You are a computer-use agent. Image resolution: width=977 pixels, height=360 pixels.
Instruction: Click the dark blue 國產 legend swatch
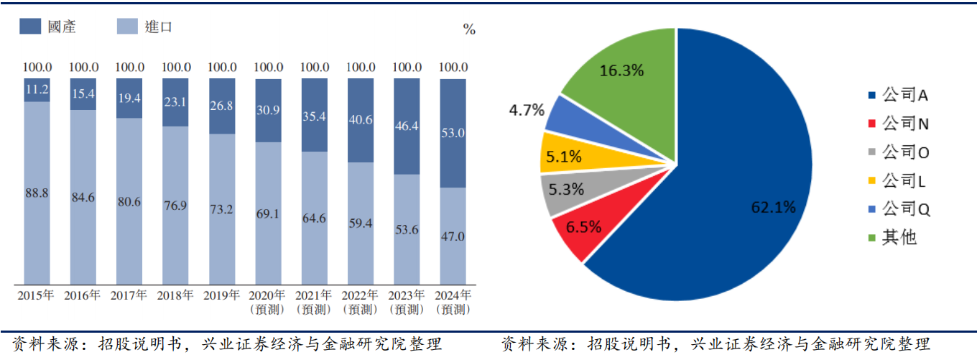(31, 27)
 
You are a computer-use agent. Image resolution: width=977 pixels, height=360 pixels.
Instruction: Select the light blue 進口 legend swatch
(127, 27)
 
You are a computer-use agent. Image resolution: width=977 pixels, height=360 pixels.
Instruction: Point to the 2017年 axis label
(129, 295)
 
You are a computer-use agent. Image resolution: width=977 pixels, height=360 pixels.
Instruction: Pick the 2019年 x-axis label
(221, 295)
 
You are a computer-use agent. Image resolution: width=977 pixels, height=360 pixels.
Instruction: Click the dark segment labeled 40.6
(361, 119)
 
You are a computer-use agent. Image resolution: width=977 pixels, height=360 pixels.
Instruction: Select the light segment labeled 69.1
(268, 213)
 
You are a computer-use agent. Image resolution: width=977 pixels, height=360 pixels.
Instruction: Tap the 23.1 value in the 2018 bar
(175, 102)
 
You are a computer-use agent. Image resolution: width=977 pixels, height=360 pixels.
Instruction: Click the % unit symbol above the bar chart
(469, 29)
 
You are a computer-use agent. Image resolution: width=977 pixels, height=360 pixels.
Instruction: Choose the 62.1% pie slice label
(773, 208)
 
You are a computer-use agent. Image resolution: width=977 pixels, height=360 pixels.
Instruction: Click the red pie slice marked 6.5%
(584, 228)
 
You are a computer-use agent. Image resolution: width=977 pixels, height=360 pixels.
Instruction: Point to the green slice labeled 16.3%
(622, 70)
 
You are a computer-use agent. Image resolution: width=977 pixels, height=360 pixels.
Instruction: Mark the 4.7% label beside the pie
(527, 110)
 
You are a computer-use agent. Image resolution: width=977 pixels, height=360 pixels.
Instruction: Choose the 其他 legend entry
(899, 237)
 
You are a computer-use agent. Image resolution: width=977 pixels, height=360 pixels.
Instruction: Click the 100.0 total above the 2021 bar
(315, 67)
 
